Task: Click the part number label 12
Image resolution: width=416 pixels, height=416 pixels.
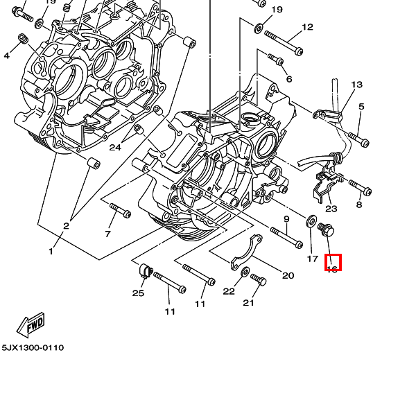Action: (307, 28)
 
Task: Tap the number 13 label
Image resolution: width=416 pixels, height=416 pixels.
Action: (356, 85)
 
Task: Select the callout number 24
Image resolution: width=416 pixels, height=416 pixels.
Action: (115, 148)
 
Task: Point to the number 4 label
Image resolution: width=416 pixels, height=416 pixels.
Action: (7, 55)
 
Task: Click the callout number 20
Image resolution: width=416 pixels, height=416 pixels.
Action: (288, 275)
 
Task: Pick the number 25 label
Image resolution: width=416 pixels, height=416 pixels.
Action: (138, 293)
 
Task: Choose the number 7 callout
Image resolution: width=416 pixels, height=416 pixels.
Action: (107, 234)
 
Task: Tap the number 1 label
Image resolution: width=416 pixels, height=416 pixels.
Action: (51, 251)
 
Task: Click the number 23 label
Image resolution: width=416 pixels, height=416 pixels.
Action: (331, 209)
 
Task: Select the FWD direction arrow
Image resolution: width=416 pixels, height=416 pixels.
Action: (31, 324)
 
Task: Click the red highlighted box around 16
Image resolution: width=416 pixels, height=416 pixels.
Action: (333, 263)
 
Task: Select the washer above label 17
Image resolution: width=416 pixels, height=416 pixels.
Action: (309, 223)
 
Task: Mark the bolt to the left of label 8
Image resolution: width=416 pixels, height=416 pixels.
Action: (360, 187)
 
